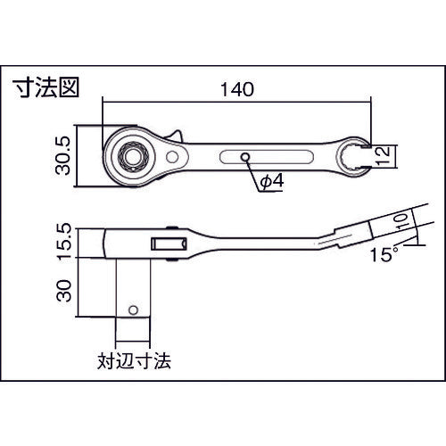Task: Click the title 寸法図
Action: (46, 88)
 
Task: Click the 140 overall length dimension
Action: (235, 89)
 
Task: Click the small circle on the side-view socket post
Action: (133, 311)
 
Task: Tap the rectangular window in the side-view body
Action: (165, 243)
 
